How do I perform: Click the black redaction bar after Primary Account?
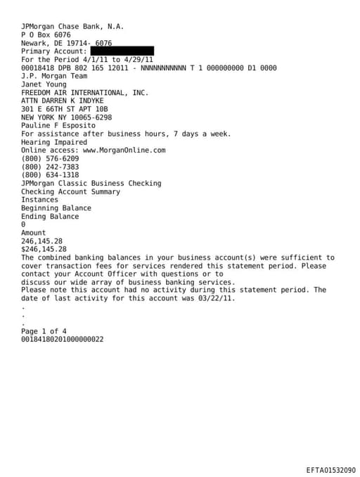[x=122, y=51]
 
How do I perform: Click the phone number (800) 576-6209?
[x=50, y=158]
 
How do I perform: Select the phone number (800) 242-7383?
[x=50, y=167]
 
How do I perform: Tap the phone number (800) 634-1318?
[x=50, y=175]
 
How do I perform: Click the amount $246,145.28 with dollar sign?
[x=44, y=249]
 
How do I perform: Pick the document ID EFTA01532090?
[x=330, y=469]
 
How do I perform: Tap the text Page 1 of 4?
[x=44, y=331]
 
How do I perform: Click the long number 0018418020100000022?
[x=63, y=339]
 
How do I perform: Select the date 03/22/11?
[x=218, y=298]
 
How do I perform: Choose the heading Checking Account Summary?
[x=70, y=191]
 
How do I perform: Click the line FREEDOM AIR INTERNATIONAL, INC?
[x=84, y=92]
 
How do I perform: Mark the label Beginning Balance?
[x=56, y=208]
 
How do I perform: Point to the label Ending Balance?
[x=50, y=216]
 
